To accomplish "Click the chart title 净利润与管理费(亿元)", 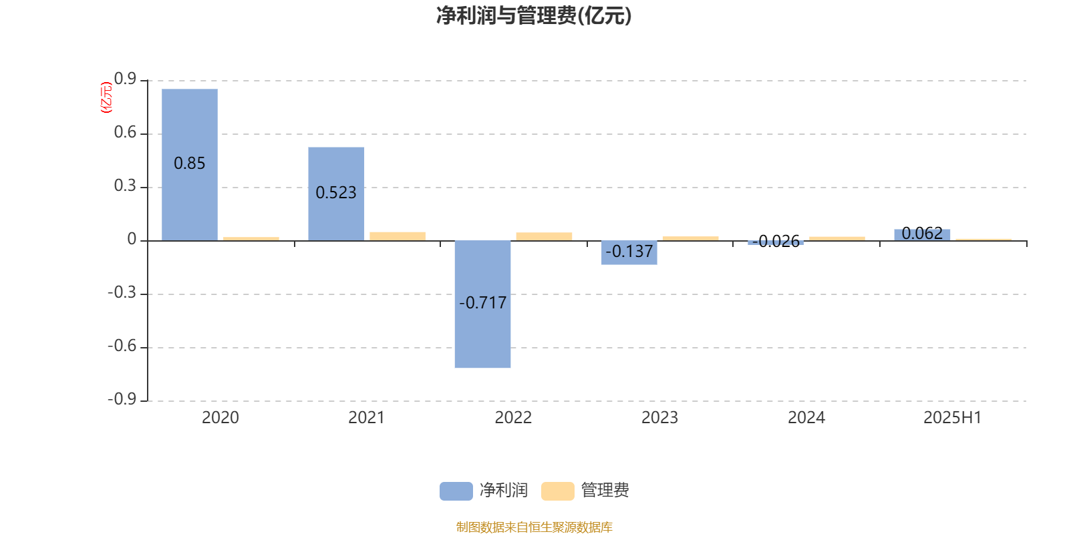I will pos(533,15).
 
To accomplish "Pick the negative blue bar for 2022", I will pos(482,334).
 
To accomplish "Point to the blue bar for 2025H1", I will pos(922,234).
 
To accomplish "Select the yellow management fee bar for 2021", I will pos(398,236).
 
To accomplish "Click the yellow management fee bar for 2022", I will pos(544,236).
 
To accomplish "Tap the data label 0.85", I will pos(190,164).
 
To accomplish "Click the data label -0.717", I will pos(482,303).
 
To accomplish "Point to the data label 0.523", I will pos(336,193).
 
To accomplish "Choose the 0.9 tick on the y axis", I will pos(125,79).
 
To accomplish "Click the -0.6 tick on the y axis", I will pos(122,346).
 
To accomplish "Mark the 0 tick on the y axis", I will pos(132,240).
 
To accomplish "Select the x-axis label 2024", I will pos(806,418).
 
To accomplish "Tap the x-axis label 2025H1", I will pos(952,418).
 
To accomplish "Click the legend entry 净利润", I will pos(484,491).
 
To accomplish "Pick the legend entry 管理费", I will pos(586,491).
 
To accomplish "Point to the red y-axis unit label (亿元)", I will pos(106,97).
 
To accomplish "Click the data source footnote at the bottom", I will pos(534,527).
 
